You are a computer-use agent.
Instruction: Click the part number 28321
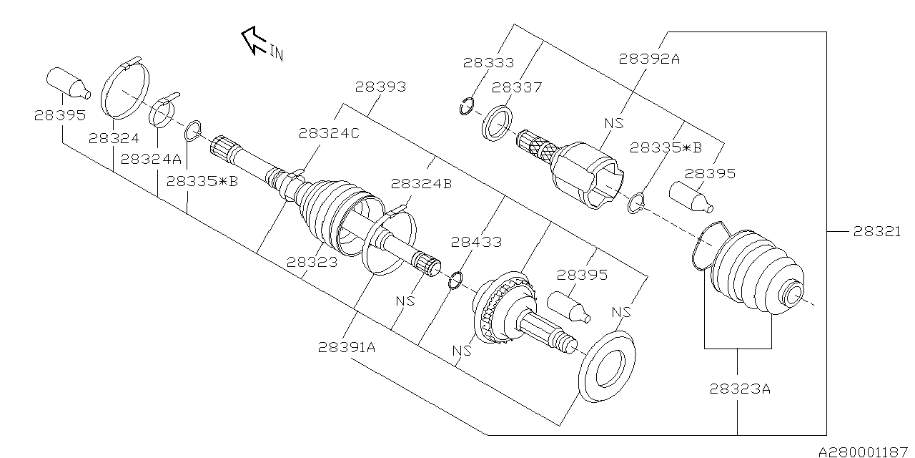click(x=876, y=231)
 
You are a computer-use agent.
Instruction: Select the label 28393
click(x=380, y=87)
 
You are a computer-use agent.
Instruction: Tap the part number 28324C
click(x=329, y=133)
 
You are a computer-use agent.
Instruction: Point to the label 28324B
click(x=421, y=183)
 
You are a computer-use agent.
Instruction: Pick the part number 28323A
click(x=740, y=389)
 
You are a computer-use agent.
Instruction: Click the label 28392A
click(x=649, y=59)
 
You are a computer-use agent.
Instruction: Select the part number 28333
click(x=488, y=62)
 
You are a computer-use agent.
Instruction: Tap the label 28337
click(x=517, y=87)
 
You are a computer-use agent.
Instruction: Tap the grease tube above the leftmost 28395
click(x=68, y=82)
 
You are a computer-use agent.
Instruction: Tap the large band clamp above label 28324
click(x=127, y=89)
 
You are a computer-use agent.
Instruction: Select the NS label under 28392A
click(x=613, y=123)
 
